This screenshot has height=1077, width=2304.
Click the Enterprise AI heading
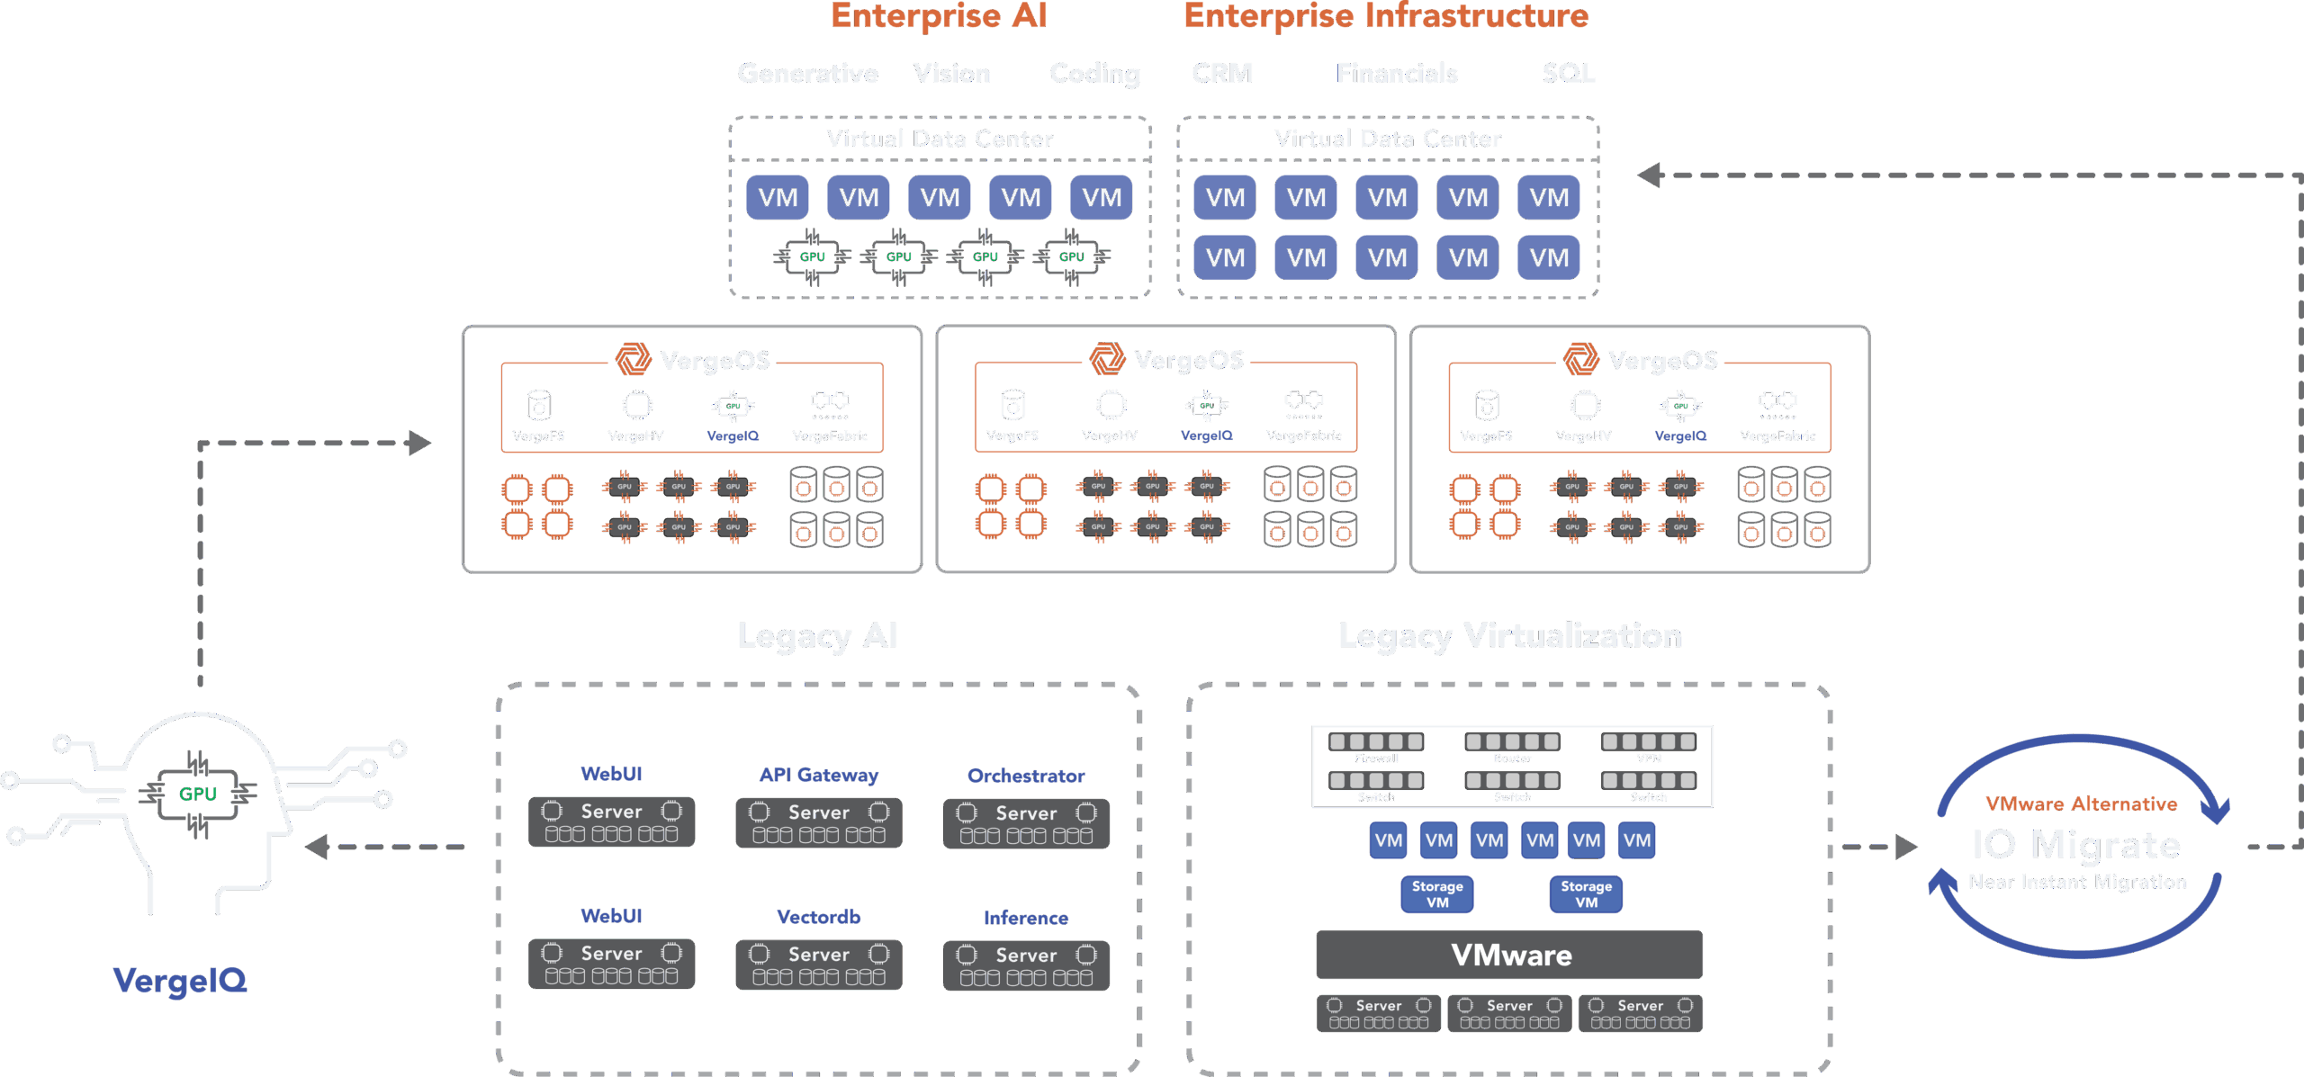tap(939, 16)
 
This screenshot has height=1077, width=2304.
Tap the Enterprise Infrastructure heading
tap(1386, 16)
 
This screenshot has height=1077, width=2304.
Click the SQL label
tap(1568, 73)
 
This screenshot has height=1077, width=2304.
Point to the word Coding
tap(1094, 74)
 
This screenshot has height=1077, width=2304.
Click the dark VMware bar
tap(1509, 955)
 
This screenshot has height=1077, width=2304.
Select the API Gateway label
tap(818, 775)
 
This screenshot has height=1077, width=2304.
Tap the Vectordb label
tap(818, 917)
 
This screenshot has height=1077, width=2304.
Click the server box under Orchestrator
tap(1026, 823)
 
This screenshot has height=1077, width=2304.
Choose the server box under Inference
tap(1026, 965)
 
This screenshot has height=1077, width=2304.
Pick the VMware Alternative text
tap(2081, 803)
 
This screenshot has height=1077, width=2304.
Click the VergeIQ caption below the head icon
tap(180, 980)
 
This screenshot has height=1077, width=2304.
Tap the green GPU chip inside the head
tap(198, 794)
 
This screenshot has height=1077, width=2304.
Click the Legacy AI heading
tap(817, 636)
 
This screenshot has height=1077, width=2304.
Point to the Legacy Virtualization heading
tap(1509, 636)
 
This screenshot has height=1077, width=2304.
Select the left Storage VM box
tap(1437, 894)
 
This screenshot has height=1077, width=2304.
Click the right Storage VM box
tap(1586, 894)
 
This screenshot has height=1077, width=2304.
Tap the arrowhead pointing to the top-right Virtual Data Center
tap(1650, 175)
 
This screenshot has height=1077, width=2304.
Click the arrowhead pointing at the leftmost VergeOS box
tap(419, 443)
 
